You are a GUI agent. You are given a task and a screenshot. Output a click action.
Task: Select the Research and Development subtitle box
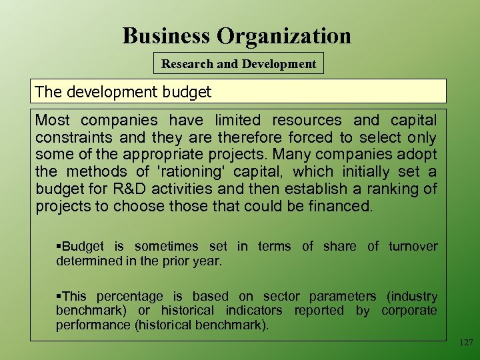point(239,64)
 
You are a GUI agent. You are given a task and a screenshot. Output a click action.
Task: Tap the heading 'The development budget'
point(123,92)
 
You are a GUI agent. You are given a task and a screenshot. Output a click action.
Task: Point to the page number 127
point(465,342)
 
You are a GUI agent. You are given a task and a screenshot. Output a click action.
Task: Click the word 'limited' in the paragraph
point(237,121)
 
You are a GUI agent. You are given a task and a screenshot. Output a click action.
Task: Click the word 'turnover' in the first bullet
point(411,247)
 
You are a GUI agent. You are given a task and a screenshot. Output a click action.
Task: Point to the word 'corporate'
point(409,311)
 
